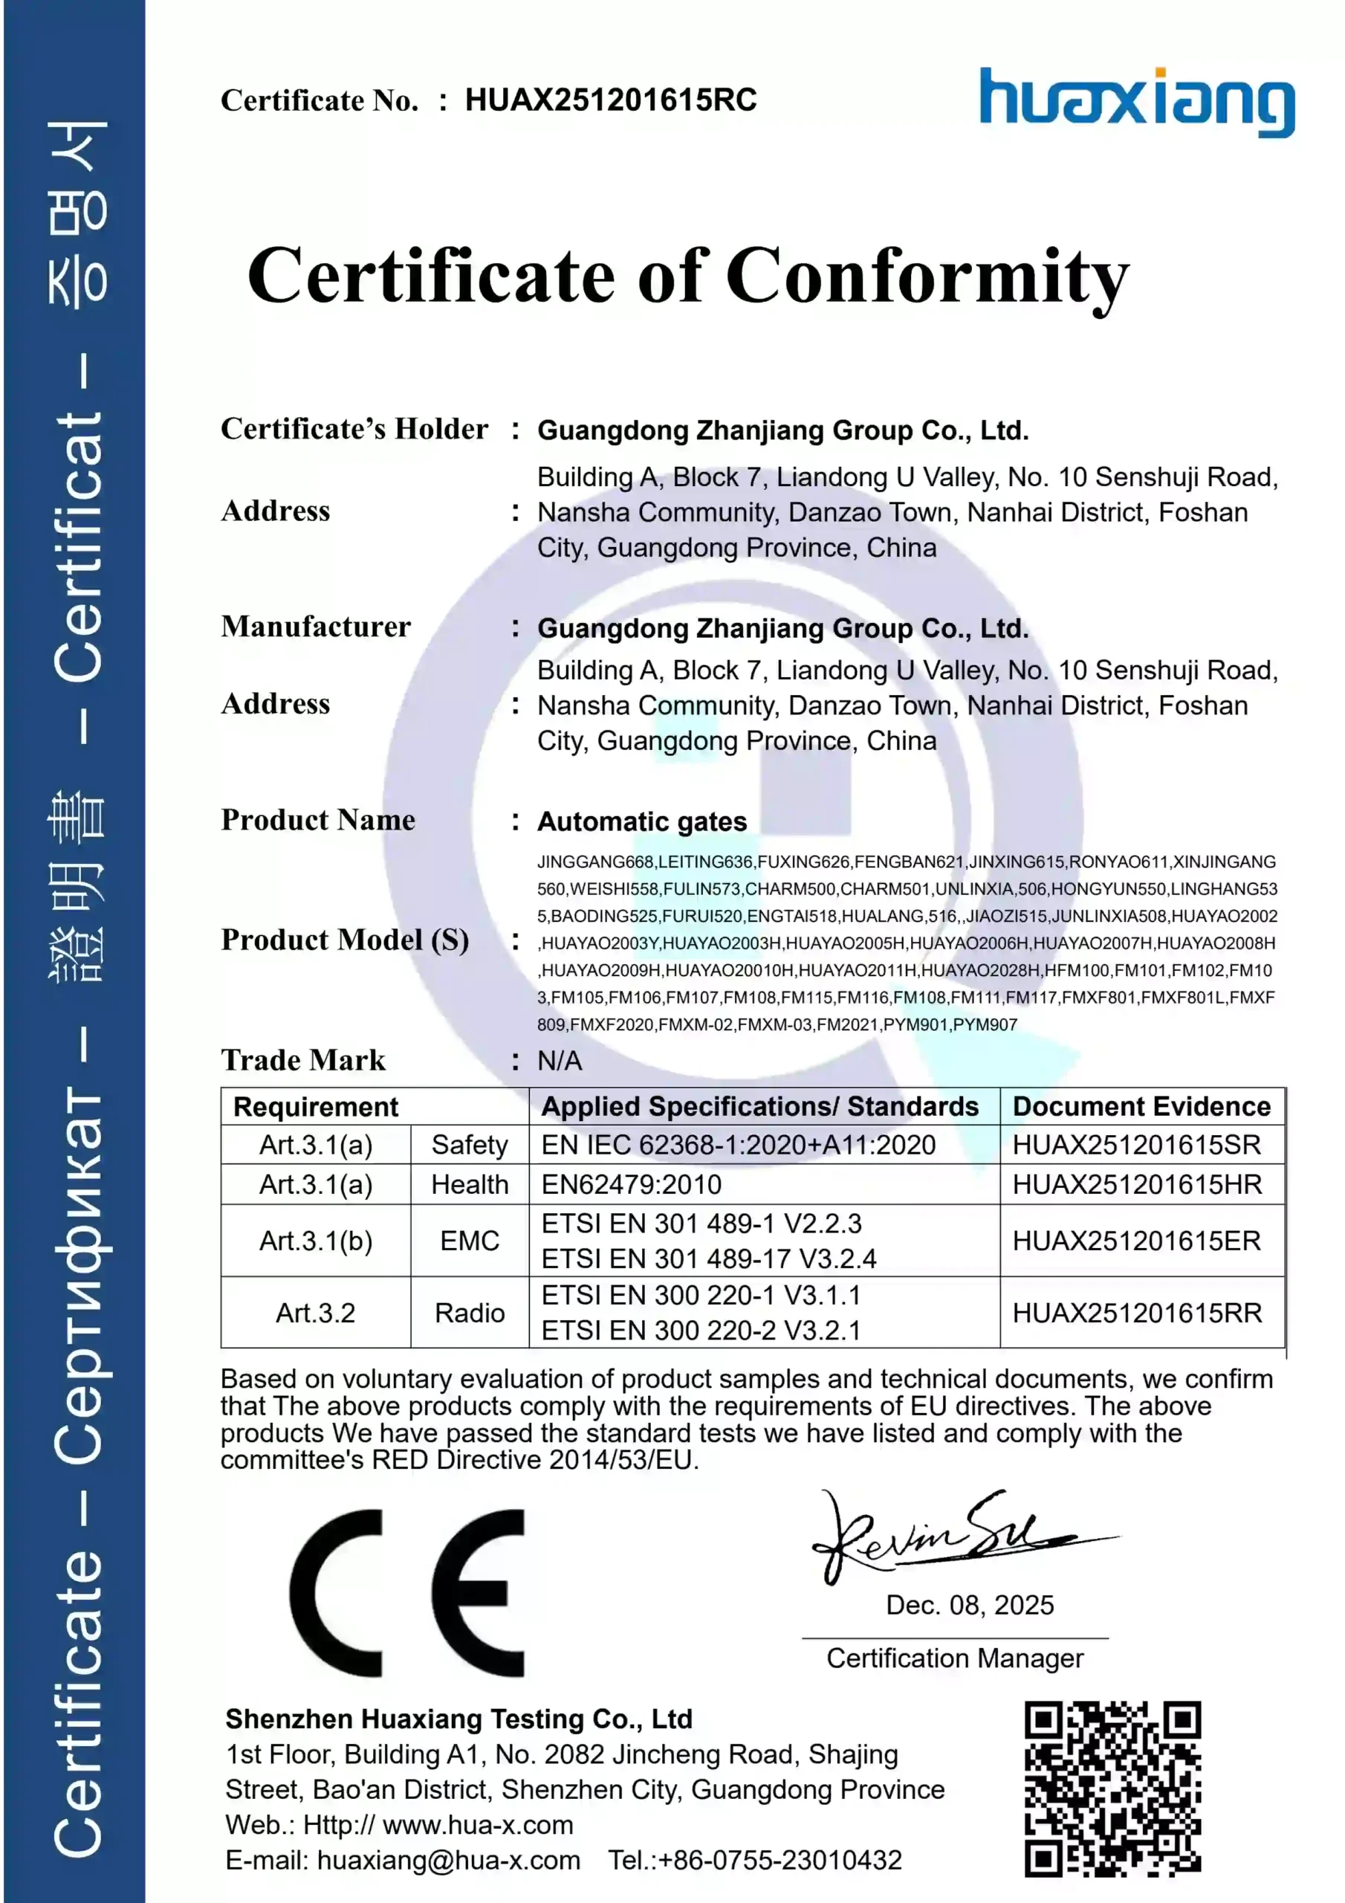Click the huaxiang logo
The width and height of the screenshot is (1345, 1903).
click(x=1136, y=102)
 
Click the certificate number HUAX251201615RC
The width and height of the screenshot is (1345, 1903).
click(x=611, y=100)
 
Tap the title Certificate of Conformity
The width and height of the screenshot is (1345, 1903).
click(x=688, y=276)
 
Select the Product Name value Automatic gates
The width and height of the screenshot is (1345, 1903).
click(x=642, y=821)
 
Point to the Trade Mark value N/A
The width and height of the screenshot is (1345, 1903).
click(x=560, y=1061)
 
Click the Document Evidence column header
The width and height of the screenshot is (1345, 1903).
click(x=1141, y=1107)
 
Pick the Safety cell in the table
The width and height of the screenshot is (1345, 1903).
click(x=469, y=1145)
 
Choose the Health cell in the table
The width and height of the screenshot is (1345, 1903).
click(x=469, y=1184)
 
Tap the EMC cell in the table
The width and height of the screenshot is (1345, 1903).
click(x=469, y=1241)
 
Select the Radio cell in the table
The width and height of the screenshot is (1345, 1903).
click(x=469, y=1313)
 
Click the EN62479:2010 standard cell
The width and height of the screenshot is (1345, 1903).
click(x=632, y=1184)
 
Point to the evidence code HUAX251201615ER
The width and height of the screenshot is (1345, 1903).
click(x=1136, y=1241)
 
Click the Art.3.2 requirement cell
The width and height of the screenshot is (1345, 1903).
click(x=315, y=1313)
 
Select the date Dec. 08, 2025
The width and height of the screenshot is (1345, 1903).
click(x=970, y=1606)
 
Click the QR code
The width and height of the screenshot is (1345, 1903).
click(x=1112, y=1789)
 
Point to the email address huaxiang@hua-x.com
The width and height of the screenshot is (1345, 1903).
click(x=448, y=1860)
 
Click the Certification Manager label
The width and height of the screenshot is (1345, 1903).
click(x=955, y=1658)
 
